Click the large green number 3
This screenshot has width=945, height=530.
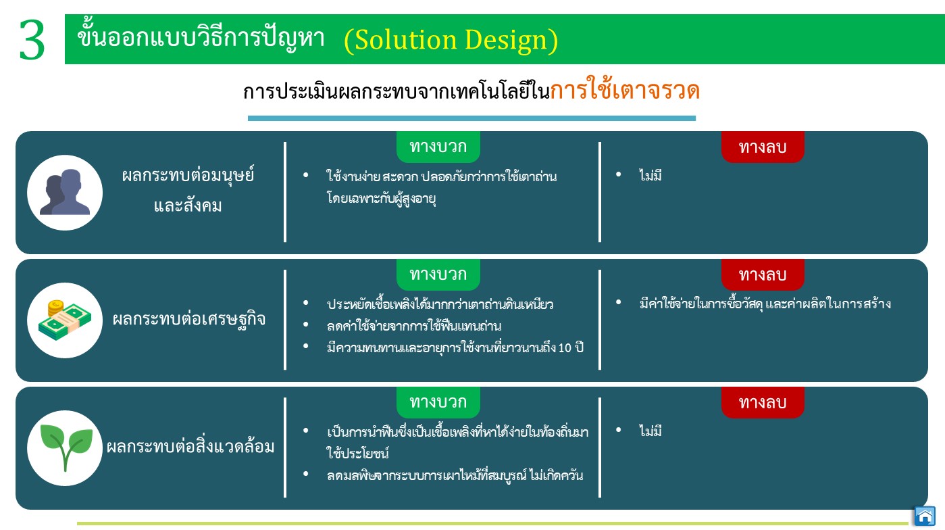[32, 40]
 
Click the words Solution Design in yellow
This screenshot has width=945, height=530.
[451, 40]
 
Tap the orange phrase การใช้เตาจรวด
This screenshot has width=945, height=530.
[625, 89]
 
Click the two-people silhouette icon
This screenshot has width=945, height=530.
[65, 192]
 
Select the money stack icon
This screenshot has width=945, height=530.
[65, 320]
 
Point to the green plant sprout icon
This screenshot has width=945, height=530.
[66, 448]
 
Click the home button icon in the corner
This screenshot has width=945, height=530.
[925, 516]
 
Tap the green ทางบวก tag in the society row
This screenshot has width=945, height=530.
[438, 147]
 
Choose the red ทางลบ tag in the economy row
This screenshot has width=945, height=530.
[763, 274]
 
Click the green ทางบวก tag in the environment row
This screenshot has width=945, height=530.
[438, 402]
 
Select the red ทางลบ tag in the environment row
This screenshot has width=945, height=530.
[763, 402]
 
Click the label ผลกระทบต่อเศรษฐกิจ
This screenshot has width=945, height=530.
[189, 320]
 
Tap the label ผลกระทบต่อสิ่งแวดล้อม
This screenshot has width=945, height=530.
[190, 446]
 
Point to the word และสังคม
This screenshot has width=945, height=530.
[188, 206]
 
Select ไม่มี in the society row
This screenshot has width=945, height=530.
[650, 175]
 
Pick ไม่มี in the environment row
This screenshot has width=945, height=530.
[650, 431]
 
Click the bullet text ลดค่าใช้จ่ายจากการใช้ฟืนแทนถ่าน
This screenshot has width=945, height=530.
[414, 326]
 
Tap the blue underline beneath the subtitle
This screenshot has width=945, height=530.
[471, 118]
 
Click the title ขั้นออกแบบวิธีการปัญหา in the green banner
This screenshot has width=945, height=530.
[201, 37]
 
